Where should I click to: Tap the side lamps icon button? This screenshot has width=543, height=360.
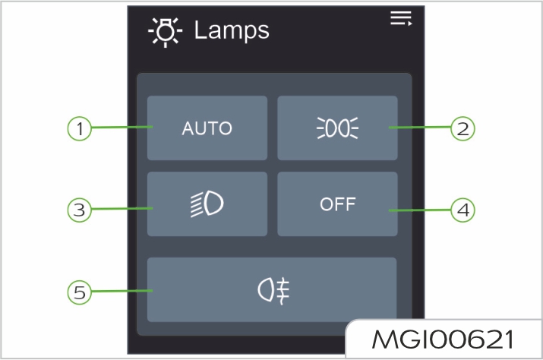click(x=336, y=128)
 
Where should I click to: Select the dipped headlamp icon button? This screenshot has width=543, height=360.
click(x=207, y=204)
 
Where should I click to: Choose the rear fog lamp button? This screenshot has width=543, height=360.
click(x=271, y=289)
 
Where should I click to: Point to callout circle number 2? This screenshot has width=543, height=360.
click(x=462, y=128)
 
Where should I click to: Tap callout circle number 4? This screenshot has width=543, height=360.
click(x=462, y=209)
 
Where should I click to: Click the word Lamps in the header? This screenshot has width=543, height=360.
click(x=232, y=31)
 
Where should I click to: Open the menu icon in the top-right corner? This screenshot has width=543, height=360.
click(x=400, y=19)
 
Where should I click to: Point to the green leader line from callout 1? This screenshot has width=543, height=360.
click(x=122, y=128)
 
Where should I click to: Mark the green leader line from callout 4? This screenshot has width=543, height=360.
click(x=420, y=209)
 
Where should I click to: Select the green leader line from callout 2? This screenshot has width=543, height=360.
click(x=420, y=128)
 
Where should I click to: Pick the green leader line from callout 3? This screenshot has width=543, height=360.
click(x=122, y=209)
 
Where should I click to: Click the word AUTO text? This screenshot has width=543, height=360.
click(x=207, y=128)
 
